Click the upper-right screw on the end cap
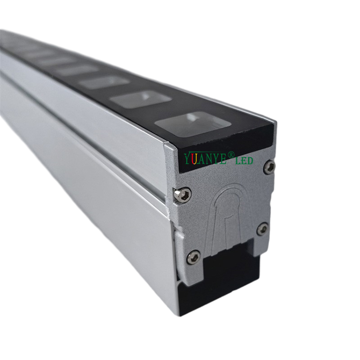270,167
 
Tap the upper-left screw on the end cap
182,194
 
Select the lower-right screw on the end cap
262,228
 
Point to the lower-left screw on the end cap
193,257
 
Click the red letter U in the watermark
193,159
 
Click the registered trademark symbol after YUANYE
231,155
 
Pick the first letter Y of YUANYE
187,159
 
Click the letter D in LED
250,161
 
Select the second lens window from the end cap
140,98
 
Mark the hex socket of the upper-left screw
182,194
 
